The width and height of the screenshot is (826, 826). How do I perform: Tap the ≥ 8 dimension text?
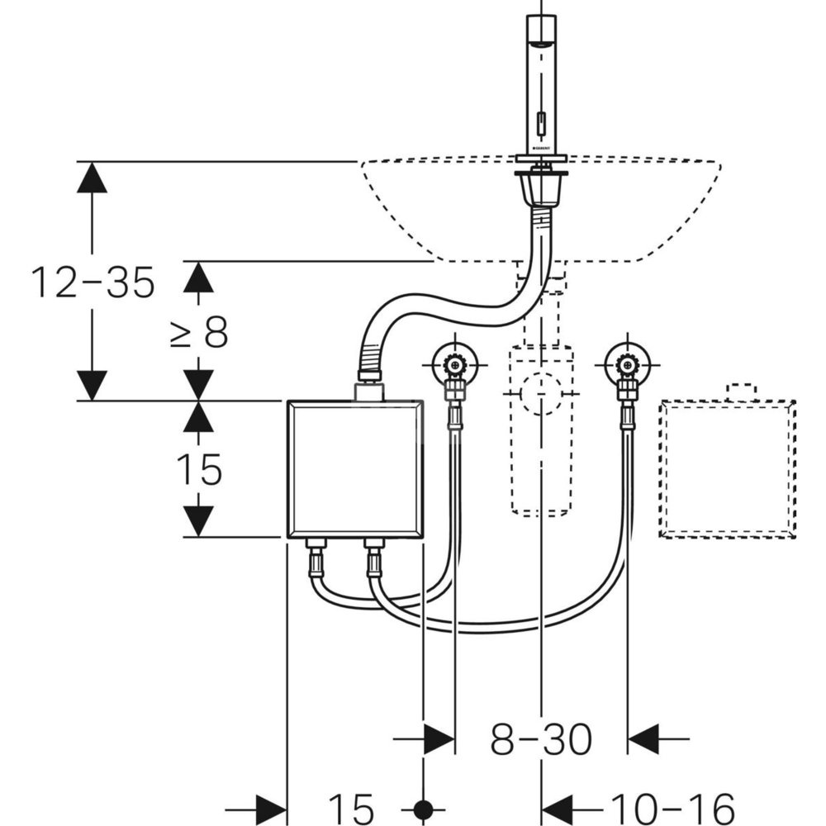(x=198, y=333)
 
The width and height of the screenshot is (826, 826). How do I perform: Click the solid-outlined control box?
(x=355, y=469)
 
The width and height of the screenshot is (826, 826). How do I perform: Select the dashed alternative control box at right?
(x=727, y=468)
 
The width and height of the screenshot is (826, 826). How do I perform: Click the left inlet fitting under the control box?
(x=316, y=559)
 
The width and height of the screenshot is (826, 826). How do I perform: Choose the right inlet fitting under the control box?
(x=374, y=559)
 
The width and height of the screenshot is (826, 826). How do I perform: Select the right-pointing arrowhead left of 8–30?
(x=439, y=738)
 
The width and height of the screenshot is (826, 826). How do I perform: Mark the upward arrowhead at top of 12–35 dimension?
(x=92, y=178)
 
